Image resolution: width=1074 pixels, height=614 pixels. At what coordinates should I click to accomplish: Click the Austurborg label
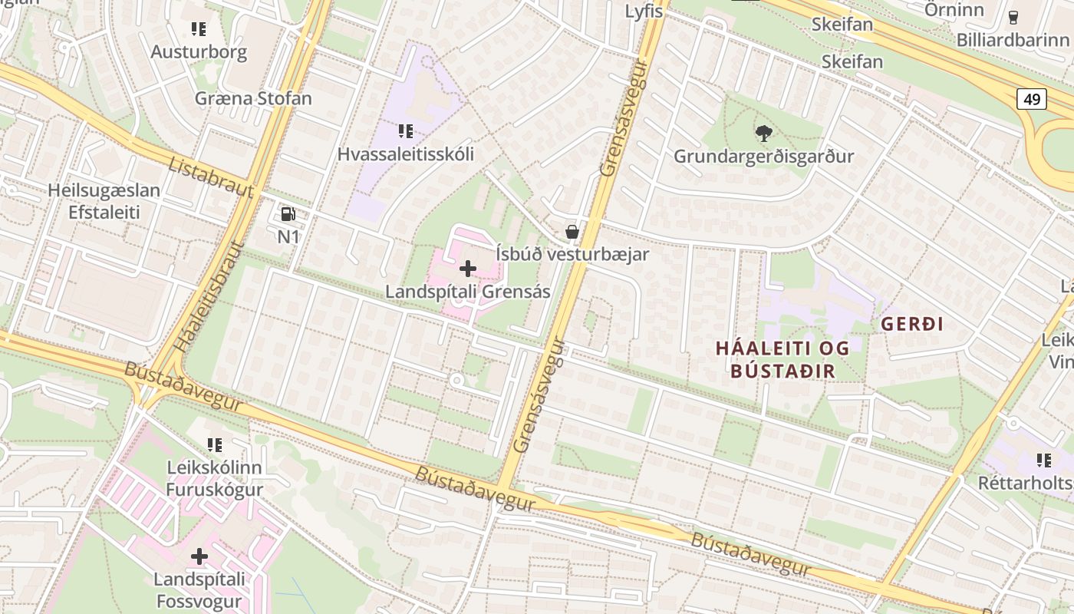(x=199, y=52)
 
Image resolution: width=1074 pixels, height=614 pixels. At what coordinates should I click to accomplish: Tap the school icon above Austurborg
(x=199, y=29)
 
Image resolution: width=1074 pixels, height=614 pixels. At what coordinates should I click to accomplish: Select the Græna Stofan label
(x=253, y=98)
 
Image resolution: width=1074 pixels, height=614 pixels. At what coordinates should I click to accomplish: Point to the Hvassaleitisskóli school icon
(x=406, y=131)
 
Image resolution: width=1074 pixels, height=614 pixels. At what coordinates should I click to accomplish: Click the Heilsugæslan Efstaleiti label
(x=104, y=201)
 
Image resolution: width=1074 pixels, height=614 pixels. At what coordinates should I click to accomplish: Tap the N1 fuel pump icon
(x=288, y=214)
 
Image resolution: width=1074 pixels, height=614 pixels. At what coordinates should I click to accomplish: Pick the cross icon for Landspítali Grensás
(x=467, y=269)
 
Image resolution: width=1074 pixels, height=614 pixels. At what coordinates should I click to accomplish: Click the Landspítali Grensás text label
(x=467, y=292)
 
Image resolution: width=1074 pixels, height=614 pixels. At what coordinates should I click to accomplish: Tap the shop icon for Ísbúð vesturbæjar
(x=572, y=231)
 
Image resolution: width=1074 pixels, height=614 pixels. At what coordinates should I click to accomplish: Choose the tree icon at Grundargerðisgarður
(x=763, y=134)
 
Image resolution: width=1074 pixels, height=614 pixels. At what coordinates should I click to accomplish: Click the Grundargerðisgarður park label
(x=763, y=157)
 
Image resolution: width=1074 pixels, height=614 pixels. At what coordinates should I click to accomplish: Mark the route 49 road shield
(x=1033, y=98)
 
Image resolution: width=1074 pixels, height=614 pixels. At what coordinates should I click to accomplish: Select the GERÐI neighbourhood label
(x=912, y=324)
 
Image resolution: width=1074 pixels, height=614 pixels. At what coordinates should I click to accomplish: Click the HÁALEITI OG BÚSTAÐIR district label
(x=782, y=359)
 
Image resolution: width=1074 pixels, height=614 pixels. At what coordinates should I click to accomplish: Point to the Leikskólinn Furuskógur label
(x=215, y=478)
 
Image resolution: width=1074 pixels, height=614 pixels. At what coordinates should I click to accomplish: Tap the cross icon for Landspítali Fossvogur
(x=199, y=556)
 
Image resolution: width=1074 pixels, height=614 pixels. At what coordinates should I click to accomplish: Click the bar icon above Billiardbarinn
(x=1013, y=17)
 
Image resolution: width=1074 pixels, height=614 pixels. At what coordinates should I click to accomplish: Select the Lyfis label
(x=644, y=12)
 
